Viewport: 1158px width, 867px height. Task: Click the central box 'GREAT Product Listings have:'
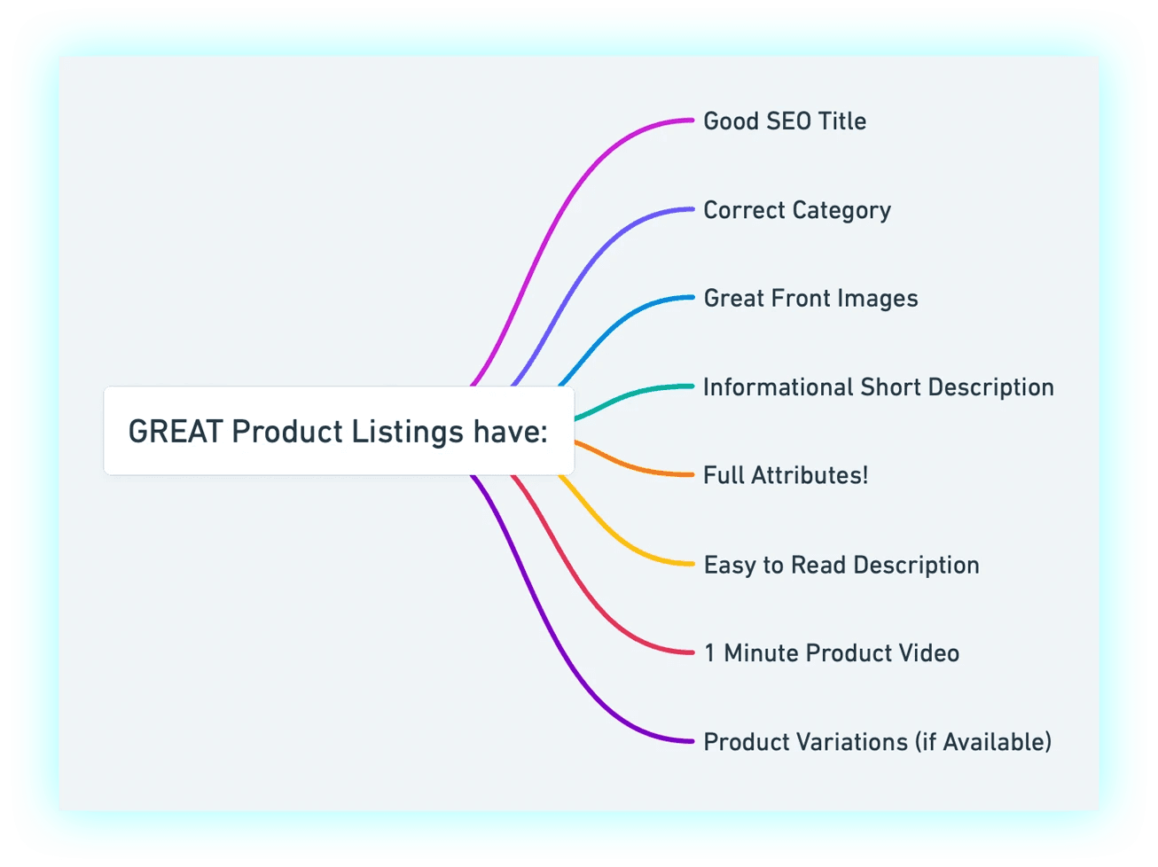click(x=339, y=431)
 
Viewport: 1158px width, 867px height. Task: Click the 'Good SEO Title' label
click(x=785, y=121)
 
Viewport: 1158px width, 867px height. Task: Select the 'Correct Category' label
click(x=797, y=210)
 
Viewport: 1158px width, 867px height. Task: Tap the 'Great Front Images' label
click(x=810, y=298)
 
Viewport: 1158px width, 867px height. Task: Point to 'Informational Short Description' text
click(x=878, y=387)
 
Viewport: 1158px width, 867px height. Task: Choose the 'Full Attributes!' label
click(x=786, y=475)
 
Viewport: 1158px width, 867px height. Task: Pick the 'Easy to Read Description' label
click(x=841, y=565)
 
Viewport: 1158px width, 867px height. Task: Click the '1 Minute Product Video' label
click(x=832, y=653)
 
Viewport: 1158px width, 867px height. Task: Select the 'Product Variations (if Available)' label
click(x=877, y=742)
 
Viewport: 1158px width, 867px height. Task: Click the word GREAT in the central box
click(x=175, y=432)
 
